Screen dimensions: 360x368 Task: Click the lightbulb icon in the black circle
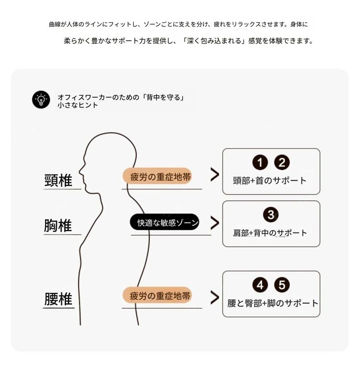pos(41,100)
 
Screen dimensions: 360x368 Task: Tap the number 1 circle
pos(260,162)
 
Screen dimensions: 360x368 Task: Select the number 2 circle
pos(282,162)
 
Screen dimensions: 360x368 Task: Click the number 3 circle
pos(271,215)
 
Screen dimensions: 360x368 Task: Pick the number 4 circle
pos(260,285)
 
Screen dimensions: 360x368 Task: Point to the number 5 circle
pos(282,285)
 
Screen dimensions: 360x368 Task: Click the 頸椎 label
pos(58,180)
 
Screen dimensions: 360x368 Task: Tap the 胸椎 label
pos(58,226)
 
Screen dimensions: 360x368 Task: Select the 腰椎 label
pos(58,299)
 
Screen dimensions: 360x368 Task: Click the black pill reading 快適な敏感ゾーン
pos(165,222)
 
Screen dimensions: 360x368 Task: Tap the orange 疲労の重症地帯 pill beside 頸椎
pos(157,176)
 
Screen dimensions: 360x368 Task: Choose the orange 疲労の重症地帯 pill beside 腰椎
pos(157,295)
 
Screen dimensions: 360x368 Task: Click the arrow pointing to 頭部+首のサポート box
pos(215,175)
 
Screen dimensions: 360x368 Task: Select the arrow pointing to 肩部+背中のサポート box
pos(215,223)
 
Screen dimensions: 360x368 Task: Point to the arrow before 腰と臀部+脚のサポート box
pos(215,298)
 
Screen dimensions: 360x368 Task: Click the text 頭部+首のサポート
pos(270,181)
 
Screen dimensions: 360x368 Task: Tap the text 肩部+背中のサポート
pos(270,233)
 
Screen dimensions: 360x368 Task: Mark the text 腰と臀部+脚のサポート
pos(273,303)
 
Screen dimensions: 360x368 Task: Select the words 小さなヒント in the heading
pos(78,105)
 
